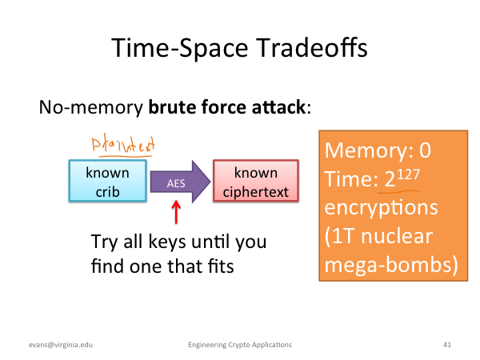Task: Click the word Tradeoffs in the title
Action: click(311, 48)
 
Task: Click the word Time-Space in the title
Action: click(180, 48)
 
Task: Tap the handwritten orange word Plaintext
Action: click(123, 144)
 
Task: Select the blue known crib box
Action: click(108, 181)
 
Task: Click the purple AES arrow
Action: click(180, 182)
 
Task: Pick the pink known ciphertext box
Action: click(256, 181)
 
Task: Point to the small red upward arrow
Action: click(176, 212)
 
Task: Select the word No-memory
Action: click(91, 108)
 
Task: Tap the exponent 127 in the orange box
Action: click(408, 175)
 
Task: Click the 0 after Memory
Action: click(426, 150)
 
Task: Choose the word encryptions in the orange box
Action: click(381, 208)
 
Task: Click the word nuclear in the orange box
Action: click(397, 236)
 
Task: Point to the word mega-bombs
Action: click(388, 265)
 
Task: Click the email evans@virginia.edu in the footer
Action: click(61, 345)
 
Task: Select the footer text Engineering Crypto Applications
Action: click(240, 345)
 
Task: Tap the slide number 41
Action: click(447, 345)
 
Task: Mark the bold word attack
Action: click(278, 107)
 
